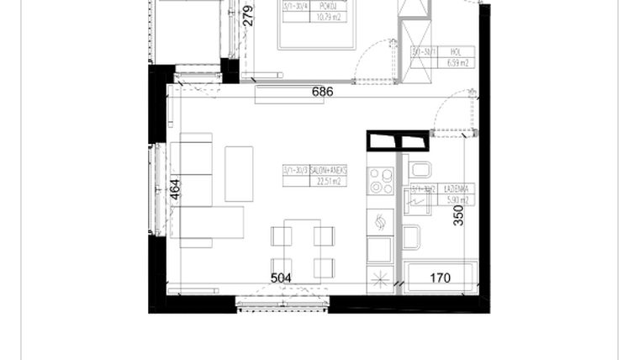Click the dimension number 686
(322, 91)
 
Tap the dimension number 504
(281, 278)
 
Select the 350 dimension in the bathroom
(458, 216)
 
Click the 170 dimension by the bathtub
(440, 278)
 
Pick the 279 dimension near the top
(247, 16)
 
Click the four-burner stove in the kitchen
(380, 181)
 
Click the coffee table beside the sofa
(239, 174)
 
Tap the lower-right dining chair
(324, 267)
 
